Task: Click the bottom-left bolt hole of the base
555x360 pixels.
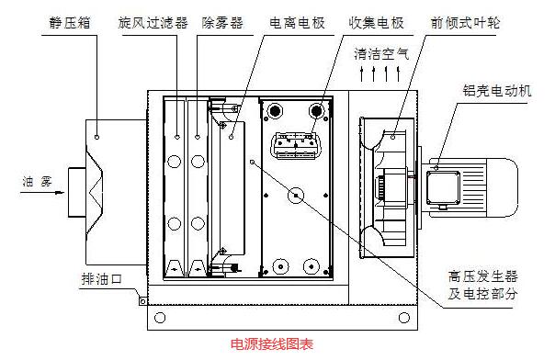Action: pyautogui.click(x=161, y=318)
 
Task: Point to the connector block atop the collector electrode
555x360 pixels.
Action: pyautogui.click(x=294, y=143)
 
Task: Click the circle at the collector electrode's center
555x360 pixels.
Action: pyautogui.click(x=295, y=195)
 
